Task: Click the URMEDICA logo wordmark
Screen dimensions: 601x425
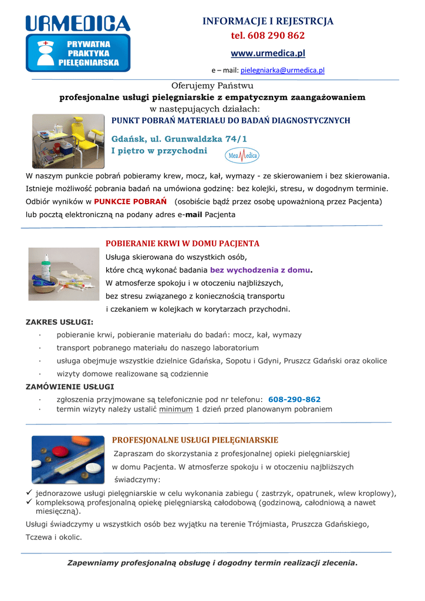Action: [x=77, y=23]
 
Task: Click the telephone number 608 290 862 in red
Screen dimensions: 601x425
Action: [x=268, y=36]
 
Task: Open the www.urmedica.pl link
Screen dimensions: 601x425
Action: [x=268, y=53]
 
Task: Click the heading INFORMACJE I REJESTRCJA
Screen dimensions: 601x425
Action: [x=268, y=21]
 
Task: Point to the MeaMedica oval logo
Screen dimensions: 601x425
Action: [x=242, y=156]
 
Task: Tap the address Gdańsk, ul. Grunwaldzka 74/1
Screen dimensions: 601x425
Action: [x=179, y=139]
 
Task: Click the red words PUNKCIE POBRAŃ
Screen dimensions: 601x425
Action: [x=130, y=201]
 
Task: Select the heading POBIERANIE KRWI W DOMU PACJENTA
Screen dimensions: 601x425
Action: [x=182, y=244]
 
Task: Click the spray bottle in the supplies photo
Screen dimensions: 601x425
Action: [x=46, y=267]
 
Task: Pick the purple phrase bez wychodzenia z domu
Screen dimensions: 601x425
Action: [x=260, y=270]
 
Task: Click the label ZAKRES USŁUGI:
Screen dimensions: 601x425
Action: [x=59, y=322]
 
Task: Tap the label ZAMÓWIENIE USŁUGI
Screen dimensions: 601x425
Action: [x=70, y=387]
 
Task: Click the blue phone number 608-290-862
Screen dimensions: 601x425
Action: [x=294, y=400]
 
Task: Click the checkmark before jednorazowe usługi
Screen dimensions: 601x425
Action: [x=29, y=493]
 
